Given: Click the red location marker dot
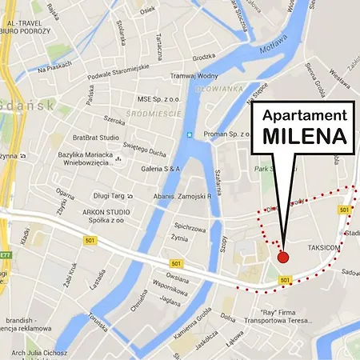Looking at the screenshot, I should coord(282,257).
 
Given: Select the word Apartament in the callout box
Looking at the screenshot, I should coord(305,115).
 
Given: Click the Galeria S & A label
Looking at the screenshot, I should coord(161,169).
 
